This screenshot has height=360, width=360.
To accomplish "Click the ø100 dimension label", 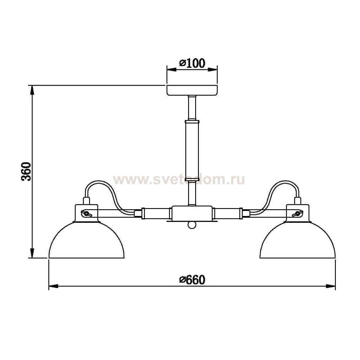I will [x=192, y=64].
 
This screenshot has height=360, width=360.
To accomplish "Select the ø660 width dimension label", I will [x=192, y=280].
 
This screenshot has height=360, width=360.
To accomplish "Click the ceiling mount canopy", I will [x=192, y=90].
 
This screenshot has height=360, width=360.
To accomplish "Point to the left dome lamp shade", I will [x=86, y=242].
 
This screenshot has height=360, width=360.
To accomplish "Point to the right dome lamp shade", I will [x=298, y=242].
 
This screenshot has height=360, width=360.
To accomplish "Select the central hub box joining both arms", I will [x=192, y=213].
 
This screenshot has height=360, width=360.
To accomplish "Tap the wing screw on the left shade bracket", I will [x=87, y=214].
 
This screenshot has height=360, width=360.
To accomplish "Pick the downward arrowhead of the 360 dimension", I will [x=32, y=253].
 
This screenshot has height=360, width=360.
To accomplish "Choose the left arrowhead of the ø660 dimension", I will [x=53, y=286].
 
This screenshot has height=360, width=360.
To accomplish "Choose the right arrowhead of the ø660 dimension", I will [x=331, y=286].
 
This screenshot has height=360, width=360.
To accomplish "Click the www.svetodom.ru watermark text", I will [x=179, y=179].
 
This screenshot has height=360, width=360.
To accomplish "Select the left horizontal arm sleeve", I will [x=157, y=213].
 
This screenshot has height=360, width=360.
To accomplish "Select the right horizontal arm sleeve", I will [x=227, y=213].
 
